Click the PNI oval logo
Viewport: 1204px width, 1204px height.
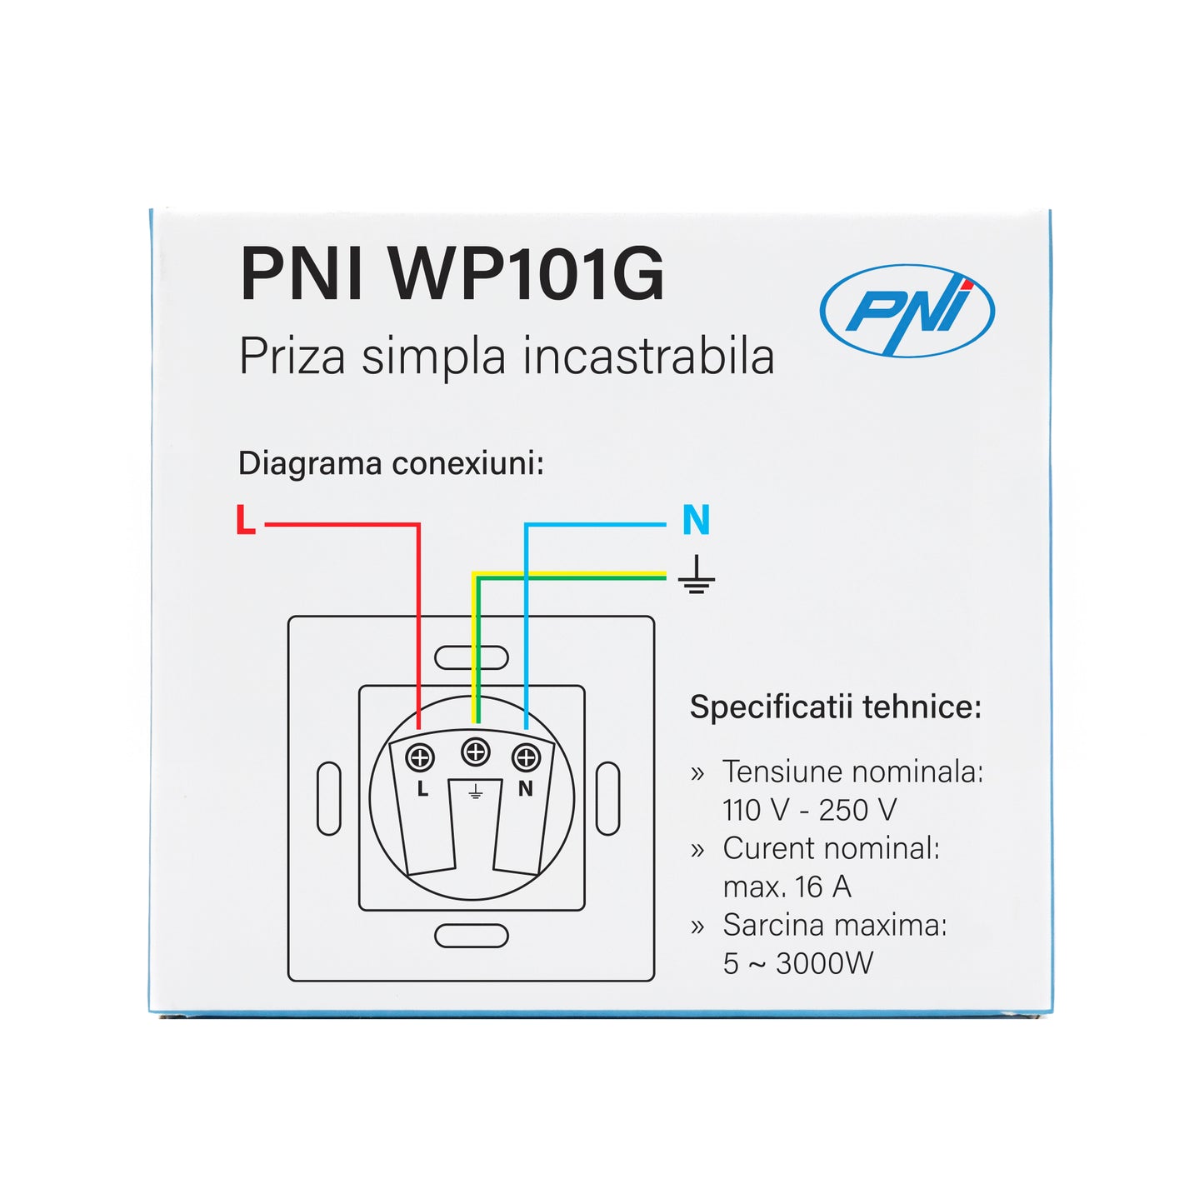[907, 311]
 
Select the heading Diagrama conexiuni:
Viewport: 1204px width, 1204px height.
[391, 463]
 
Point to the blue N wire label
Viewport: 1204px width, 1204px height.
[696, 520]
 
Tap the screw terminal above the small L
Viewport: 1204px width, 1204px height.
[420, 758]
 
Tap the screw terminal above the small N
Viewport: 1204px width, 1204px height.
[526, 758]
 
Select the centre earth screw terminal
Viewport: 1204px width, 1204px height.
[476, 752]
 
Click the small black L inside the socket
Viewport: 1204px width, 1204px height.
[422, 789]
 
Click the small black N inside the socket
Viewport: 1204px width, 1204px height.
[525, 788]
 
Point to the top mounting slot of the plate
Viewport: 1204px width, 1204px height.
[472, 657]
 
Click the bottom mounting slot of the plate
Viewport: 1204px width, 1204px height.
[472, 936]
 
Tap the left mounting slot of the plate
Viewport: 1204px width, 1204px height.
[329, 798]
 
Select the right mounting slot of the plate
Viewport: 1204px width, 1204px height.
[608, 798]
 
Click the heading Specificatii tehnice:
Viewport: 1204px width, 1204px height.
[836, 707]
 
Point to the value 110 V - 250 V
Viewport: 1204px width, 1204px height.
[809, 810]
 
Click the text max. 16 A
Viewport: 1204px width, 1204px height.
[787, 887]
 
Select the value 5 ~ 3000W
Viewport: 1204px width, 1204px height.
[797, 964]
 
